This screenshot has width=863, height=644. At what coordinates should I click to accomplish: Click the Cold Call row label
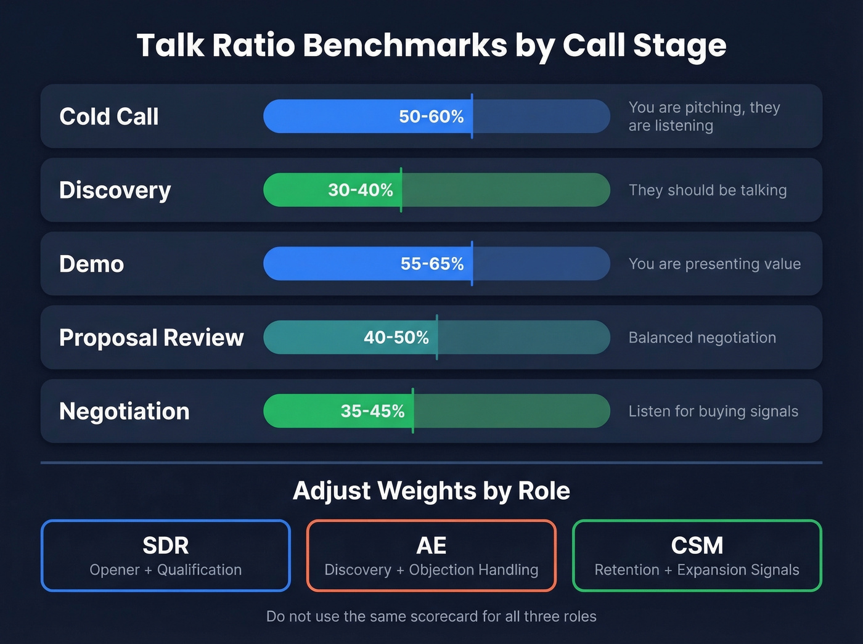click(x=109, y=116)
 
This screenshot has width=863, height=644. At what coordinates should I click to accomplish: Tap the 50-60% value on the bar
click(x=431, y=116)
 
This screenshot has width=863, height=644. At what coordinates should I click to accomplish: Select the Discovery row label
click(x=115, y=190)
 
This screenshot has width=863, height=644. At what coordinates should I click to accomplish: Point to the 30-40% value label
click(x=360, y=190)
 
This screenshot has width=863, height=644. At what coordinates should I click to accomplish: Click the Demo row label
click(x=92, y=264)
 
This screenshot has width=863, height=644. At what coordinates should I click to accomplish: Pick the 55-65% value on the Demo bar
click(x=431, y=264)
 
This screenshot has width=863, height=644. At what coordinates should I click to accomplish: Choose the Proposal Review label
click(x=152, y=338)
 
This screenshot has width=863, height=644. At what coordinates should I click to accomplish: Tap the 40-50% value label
click(x=396, y=338)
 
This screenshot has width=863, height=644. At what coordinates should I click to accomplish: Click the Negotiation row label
click(x=125, y=411)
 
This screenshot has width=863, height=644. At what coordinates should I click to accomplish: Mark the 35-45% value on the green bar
click(x=372, y=411)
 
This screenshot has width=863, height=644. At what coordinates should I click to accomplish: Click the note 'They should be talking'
click(x=708, y=190)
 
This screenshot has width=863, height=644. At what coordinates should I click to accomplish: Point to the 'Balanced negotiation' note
click(x=702, y=338)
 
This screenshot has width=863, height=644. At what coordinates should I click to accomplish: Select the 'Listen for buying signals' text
click(x=713, y=411)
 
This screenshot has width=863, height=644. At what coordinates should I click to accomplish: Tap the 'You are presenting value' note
click(x=714, y=264)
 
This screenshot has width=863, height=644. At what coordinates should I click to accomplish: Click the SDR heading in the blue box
click(x=166, y=545)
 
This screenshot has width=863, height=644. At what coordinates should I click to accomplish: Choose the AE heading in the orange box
click(x=431, y=545)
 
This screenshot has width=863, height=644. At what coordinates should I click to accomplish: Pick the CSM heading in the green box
click(x=697, y=545)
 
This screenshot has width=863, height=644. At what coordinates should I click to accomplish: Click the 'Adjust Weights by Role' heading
click(x=431, y=491)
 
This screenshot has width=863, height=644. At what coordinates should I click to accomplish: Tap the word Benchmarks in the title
click(x=405, y=46)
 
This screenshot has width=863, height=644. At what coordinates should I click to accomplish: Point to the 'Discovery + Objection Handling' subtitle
click(x=431, y=570)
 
